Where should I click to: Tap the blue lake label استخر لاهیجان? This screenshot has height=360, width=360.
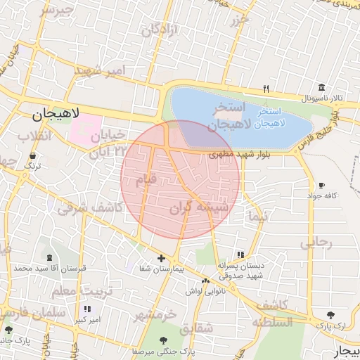coord(270,117)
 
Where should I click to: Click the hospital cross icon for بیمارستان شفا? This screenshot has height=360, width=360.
coord(162,258)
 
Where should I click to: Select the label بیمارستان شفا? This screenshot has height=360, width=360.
coord(162,269)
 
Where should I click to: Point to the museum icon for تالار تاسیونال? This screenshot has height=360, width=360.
coord(321,87)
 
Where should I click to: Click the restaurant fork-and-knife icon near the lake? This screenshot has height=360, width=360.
coord(266,89)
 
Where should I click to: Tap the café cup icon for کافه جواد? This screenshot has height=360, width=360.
coord(321,184)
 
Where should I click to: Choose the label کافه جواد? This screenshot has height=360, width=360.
coord(321,195)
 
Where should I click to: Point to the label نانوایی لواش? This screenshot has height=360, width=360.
coord(205,290)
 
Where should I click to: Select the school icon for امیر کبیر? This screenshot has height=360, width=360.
coord(87,309)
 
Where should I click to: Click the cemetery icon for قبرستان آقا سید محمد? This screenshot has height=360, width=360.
coord(49,257)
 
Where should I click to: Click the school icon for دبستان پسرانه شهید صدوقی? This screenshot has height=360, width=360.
coord(241,255)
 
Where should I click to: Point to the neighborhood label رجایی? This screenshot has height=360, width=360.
coord(316,243)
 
